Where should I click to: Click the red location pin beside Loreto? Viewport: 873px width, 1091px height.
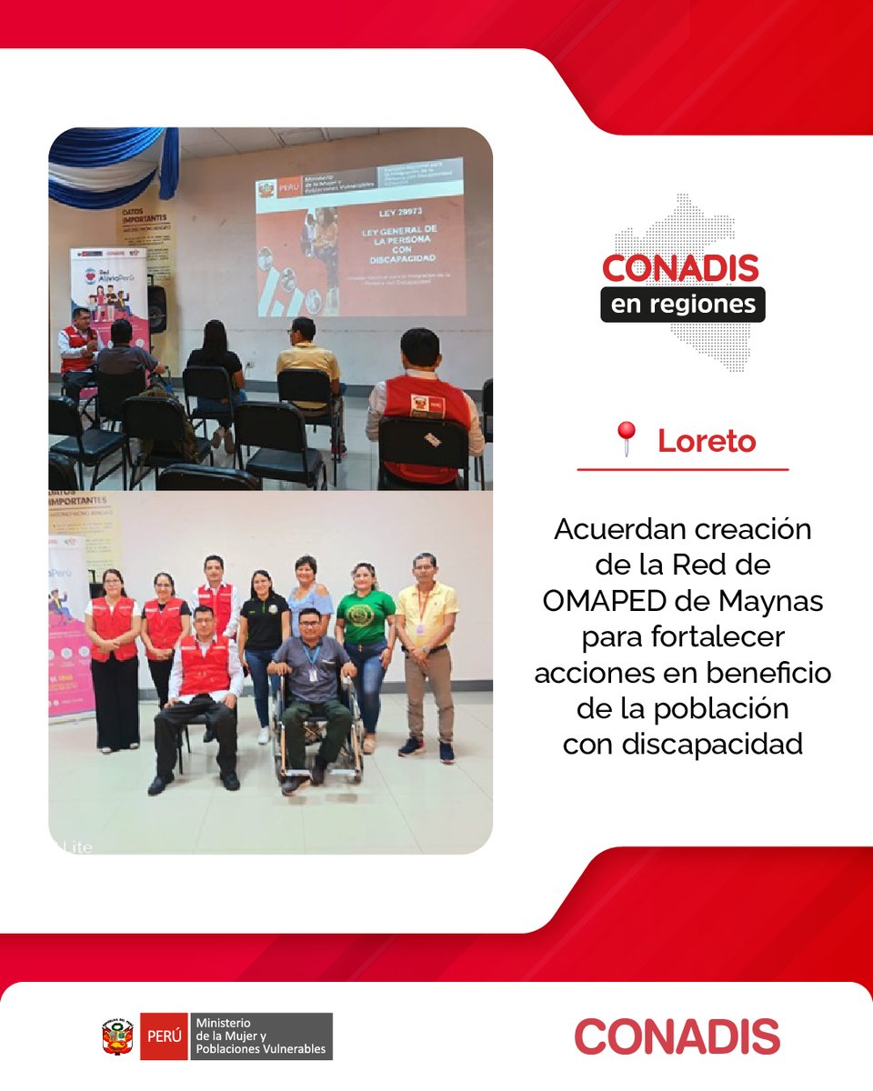[626, 439]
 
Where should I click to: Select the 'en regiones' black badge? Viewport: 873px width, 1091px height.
[682, 304]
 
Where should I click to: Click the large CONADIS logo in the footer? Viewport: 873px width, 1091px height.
[677, 1036]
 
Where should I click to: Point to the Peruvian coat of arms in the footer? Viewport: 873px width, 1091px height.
[118, 1036]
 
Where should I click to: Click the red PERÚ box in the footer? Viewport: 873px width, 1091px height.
[164, 1036]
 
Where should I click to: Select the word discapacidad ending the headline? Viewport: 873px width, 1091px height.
[682, 744]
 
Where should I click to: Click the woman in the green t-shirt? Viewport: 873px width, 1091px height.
[366, 636]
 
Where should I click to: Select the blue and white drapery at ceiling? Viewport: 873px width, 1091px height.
[109, 164]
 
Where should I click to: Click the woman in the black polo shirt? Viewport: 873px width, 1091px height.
[264, 636]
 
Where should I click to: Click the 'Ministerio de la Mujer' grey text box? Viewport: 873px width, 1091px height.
[260, 1036]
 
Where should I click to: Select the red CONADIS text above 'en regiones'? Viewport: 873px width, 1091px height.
[680, 268]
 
